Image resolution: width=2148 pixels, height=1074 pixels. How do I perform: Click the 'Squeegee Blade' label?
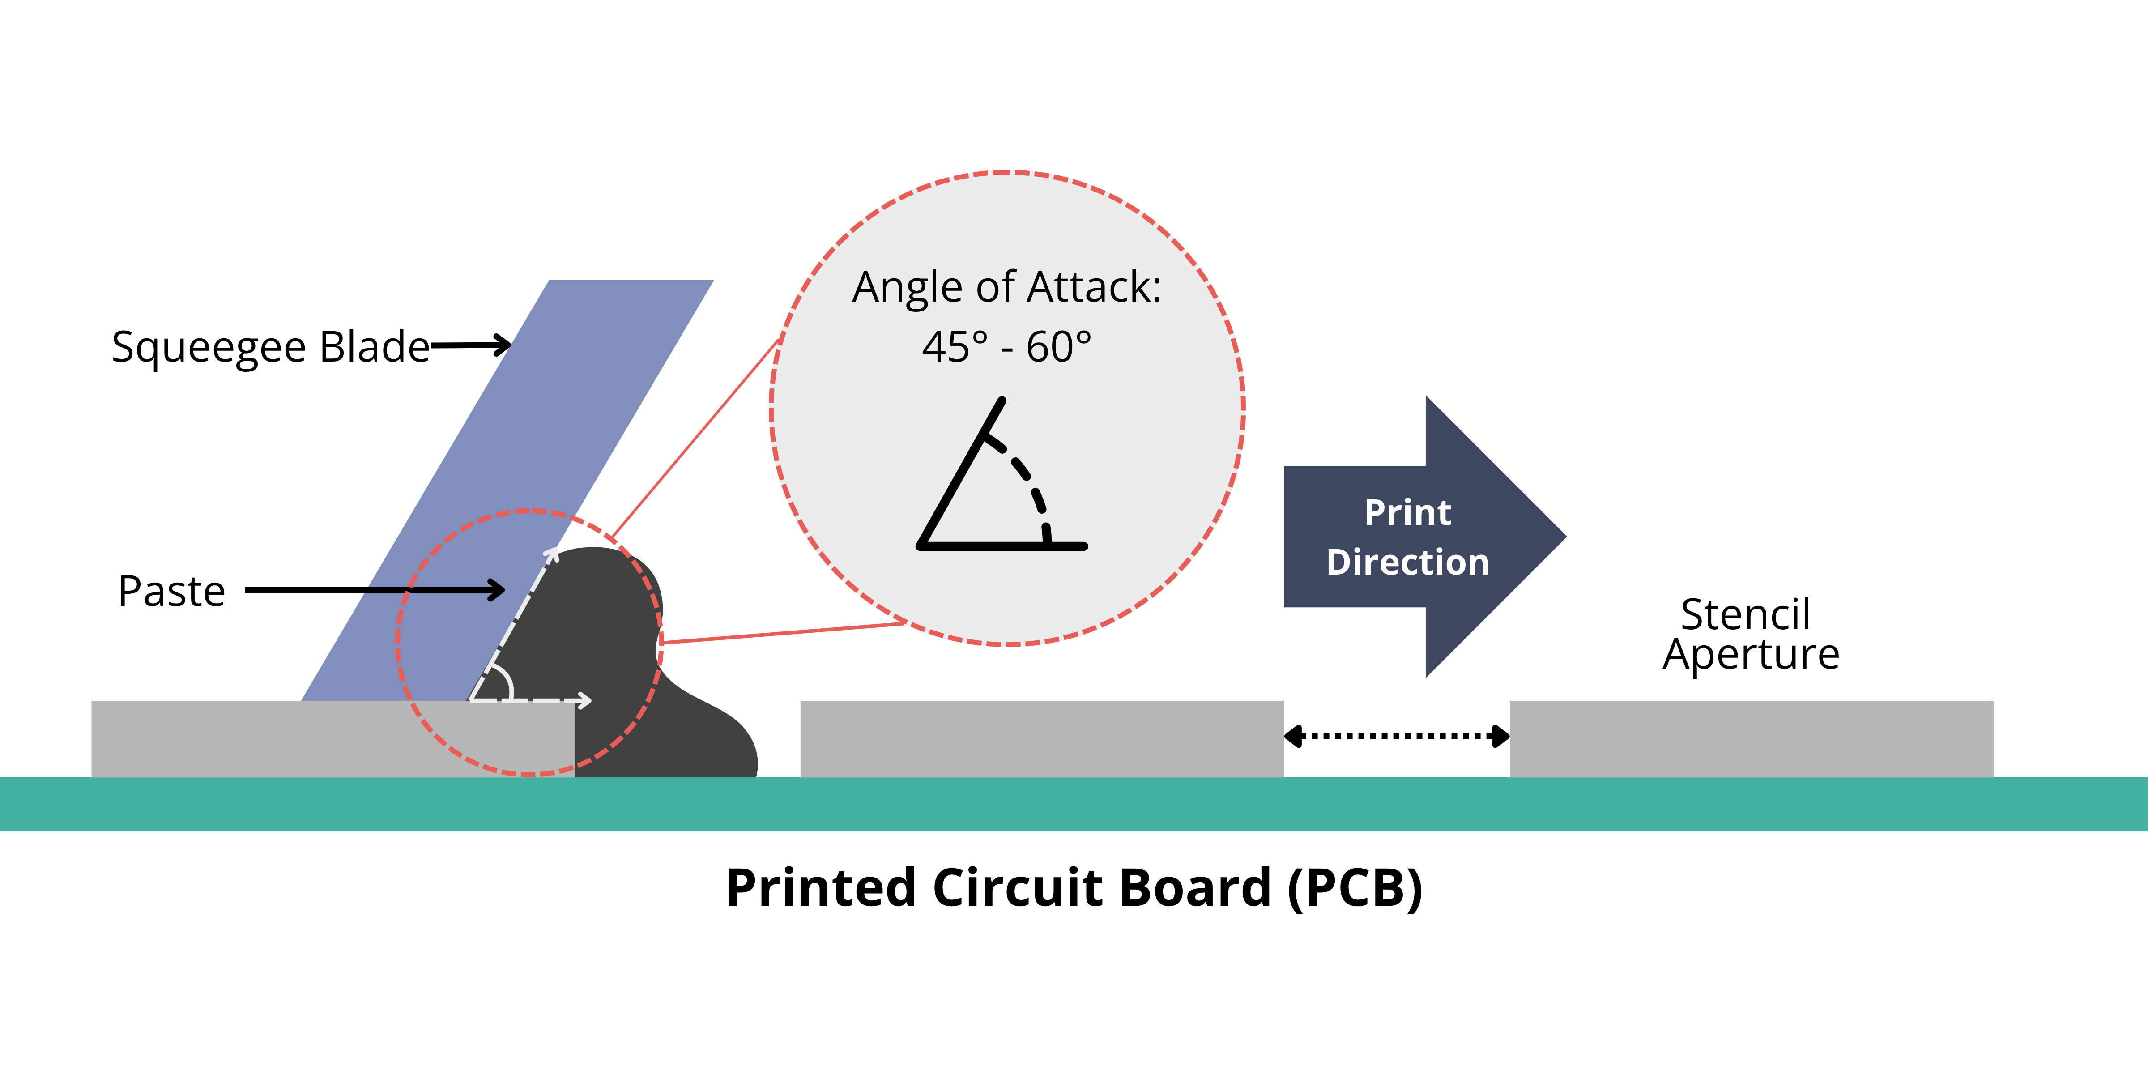[x=270, y=347]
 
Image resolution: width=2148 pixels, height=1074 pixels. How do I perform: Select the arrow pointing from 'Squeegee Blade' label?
[x=471, y=345]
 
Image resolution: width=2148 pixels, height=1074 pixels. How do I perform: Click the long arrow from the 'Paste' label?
[x=375, y=590]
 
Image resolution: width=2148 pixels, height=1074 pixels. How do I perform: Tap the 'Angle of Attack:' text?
[x=1006, y=288]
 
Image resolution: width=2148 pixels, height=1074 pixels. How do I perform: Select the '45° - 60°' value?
[x=1006, y=347]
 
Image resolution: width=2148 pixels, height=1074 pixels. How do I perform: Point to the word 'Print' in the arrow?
[x=1407, y=513]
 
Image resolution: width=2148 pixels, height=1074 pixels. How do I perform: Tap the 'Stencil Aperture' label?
[x=1749, y=634]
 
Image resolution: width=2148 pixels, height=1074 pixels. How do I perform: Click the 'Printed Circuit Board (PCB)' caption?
[x=1074, y=887]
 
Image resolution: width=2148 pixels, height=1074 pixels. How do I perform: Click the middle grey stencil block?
[x=1041, y=739]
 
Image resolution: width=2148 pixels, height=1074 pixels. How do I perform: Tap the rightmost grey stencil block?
[x=1751, y=739]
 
